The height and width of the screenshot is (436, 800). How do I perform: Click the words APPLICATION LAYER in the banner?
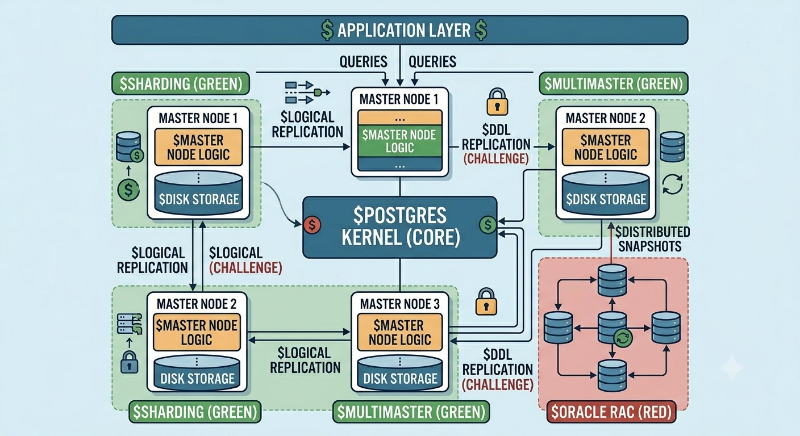pos(403,30)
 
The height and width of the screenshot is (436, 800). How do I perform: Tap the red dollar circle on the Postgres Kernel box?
pos(312,225)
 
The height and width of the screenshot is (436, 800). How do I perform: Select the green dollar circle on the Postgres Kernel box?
pos(488,225)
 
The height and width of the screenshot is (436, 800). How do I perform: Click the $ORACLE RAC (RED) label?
pos(611,412)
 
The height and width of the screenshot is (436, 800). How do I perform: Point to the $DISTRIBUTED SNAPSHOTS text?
pos(652,239)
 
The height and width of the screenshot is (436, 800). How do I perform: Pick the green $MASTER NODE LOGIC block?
pos(399,141)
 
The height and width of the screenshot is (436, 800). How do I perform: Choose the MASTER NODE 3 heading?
pos(399,304)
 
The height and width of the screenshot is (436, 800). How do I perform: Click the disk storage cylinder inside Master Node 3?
pos(399,373)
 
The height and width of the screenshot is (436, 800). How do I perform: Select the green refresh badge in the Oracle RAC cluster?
pos(623,338)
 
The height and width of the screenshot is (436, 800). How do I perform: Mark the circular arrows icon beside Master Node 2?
pos(673,184)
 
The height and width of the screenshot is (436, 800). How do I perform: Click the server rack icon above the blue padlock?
pos(130,324)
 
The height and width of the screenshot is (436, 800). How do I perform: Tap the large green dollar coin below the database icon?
pos(128,190)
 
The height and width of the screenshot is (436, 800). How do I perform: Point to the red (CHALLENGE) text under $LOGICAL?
pos(245,267)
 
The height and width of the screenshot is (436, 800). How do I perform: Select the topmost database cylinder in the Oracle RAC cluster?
pos(612,280)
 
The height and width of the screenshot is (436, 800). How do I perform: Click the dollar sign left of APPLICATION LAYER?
pos(327,30)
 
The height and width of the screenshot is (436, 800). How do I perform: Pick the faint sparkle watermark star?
pos(731,367)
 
